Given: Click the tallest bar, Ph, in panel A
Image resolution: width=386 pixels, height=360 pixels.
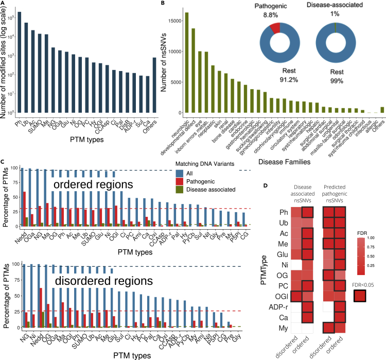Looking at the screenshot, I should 19,62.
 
